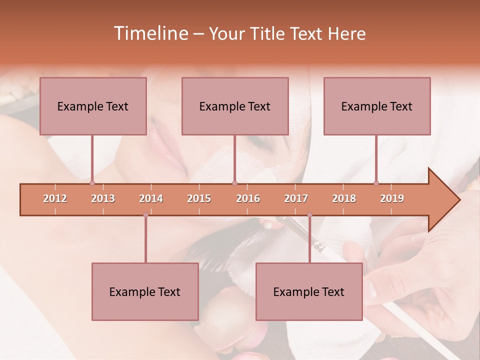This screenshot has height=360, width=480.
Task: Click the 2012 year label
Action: tap(55, 199)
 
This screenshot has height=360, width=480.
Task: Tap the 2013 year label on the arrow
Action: tap(103, 199)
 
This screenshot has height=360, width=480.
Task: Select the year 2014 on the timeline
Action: tap(151, 199)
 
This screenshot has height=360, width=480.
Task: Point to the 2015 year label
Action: tap(199, 199)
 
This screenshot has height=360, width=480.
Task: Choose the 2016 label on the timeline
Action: tap(248, 199)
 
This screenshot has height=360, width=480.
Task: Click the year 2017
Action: tap(296, 199)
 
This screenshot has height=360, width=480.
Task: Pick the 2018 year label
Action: tap(344, 199)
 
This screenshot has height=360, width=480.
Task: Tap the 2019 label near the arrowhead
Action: tap(392, 199)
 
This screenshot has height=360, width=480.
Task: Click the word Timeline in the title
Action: tap(150, 33)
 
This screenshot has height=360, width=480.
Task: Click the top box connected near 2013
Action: tap(93, 106)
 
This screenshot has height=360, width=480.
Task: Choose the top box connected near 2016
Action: tap(235, 106)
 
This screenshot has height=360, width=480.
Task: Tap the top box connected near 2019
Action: tap(377, 106)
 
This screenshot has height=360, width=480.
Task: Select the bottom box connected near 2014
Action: tap(145, 291)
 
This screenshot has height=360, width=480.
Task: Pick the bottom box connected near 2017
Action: tap(309, 291)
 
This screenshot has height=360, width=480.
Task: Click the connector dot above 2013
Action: tap(92, 183)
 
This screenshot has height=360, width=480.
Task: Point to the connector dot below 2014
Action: tap(145, 215)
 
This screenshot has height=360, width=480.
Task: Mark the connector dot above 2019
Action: tap(376, 183)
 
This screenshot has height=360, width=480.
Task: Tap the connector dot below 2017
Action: tap(309, 215)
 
